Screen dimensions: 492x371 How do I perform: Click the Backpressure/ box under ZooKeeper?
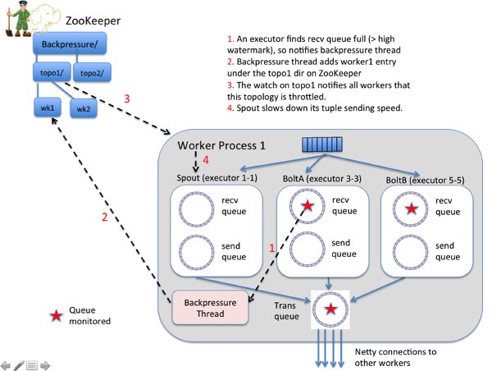(70, 44)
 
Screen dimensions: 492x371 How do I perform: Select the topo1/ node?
(52, 72)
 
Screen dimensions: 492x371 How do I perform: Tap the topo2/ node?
(92, 72)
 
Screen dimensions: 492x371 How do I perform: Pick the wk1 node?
(48, 108)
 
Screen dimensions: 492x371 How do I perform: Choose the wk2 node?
(84, 108)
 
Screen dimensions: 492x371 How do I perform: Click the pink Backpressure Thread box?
(210, 308)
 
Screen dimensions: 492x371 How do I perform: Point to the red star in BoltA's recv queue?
(307, 206)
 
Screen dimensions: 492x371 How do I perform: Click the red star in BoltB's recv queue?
(412, 208)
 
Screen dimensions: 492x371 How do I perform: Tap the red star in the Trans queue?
(330, 309)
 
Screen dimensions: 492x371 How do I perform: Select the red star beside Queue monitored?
(56, 316)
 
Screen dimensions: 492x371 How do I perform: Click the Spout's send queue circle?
(197, 253)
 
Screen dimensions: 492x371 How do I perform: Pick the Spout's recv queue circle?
(197, 209)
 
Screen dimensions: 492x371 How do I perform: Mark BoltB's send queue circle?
(410, 253)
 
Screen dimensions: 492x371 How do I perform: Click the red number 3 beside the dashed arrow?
(127, 98)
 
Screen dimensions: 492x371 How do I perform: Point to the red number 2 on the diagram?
(105, 217)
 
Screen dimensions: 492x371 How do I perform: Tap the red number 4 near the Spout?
(206, 160)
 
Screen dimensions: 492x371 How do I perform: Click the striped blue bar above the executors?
(322, 144)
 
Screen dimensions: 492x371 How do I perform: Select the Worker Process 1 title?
(221, 145)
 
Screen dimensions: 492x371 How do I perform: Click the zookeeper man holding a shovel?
(19, 19)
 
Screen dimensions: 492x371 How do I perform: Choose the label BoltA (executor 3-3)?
(322, 179)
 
